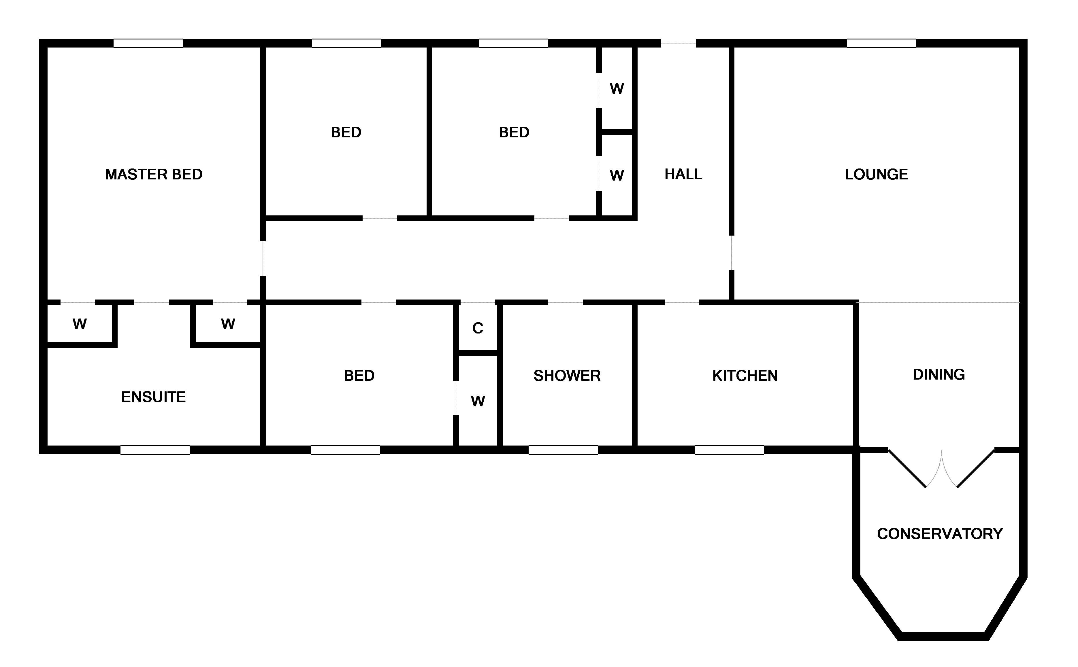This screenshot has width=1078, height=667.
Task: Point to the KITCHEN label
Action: coord(745,376)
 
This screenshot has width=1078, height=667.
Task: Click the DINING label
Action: coord(938,374)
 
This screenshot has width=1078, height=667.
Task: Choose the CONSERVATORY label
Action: coord(939,534)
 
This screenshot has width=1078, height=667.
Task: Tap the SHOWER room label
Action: coord(567,376)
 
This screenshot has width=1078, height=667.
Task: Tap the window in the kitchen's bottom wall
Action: coord(729,450)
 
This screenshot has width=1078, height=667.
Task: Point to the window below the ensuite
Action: coord(155,450)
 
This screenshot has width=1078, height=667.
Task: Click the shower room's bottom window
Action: coord(563,450)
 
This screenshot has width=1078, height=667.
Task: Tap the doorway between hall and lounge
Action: coord(732,253)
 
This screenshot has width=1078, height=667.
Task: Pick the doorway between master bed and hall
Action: coord(263,259)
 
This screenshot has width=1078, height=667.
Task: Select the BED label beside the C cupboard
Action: coord(359,376)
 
